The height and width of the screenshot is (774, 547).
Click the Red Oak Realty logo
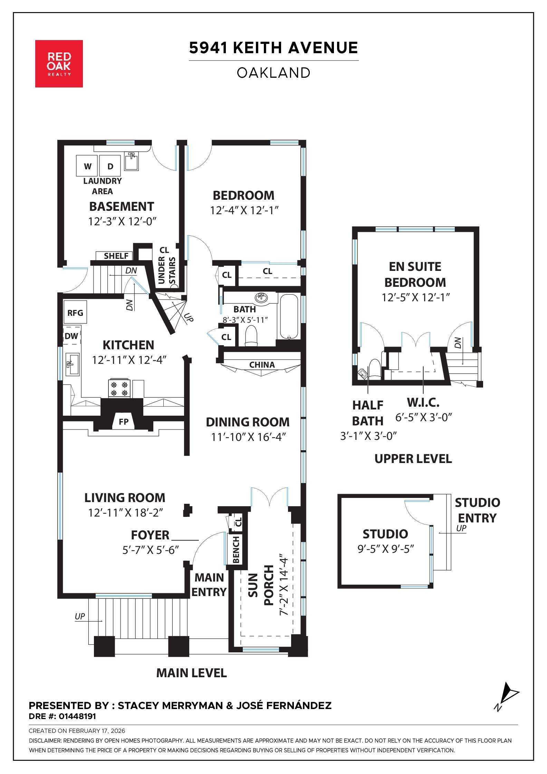pos(59,64)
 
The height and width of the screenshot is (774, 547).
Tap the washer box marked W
pos(87,166)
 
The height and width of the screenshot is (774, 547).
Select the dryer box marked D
pos(110,166)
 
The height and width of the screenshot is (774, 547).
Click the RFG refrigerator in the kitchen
pos(75,313)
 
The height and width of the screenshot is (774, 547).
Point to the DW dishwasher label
pos(71,336)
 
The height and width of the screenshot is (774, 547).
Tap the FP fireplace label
pos(123,422)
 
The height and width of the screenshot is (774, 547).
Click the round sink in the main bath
pos(261,297)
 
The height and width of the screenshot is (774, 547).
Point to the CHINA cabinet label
pos(262,365)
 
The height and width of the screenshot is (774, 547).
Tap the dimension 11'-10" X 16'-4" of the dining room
pos(248,437)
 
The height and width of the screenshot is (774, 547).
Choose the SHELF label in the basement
pos(116,256)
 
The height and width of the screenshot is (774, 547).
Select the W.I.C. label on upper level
pos(423,402)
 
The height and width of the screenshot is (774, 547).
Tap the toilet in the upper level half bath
pos(375,369)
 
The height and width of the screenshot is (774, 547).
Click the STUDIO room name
pos(385,534)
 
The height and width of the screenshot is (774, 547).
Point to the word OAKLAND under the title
pos(273,73)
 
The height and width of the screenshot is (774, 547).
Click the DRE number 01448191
pos(77,716)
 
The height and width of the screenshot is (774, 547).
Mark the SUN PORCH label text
pos(261,585)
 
